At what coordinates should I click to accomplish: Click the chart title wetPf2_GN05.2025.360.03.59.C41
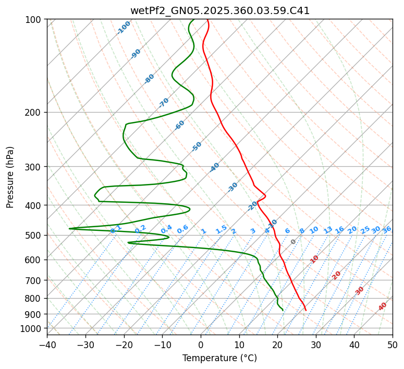click(219, 10)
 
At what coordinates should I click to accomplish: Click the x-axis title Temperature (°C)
click(219, 358)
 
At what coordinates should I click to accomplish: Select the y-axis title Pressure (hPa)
click(10, 177)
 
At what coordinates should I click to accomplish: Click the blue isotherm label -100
click(124, 27)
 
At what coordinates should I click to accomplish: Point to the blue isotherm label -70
click(164, 102)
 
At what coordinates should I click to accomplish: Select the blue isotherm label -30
click(232, 187)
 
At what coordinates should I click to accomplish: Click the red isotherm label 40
click(383, 306)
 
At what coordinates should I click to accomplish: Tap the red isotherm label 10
click(314, 259)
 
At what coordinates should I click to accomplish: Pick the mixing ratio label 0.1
click(116, 229)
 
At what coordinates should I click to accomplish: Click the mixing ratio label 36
click(387, 229)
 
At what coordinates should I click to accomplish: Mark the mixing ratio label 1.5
click(221, 229)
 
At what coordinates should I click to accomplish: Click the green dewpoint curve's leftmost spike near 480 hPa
click(70, 228)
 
